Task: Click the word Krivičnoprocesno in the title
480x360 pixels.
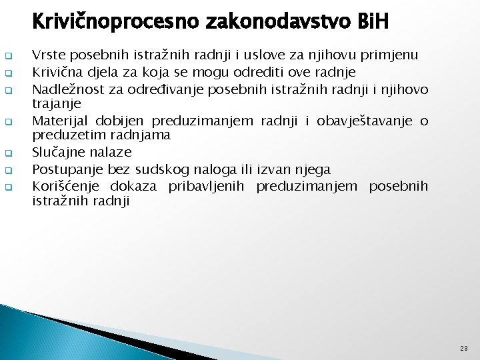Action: (108, 22)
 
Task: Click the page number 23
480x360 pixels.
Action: (463, 349)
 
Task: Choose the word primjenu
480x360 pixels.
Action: (397, 55)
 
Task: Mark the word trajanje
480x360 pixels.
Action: (57, 103)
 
